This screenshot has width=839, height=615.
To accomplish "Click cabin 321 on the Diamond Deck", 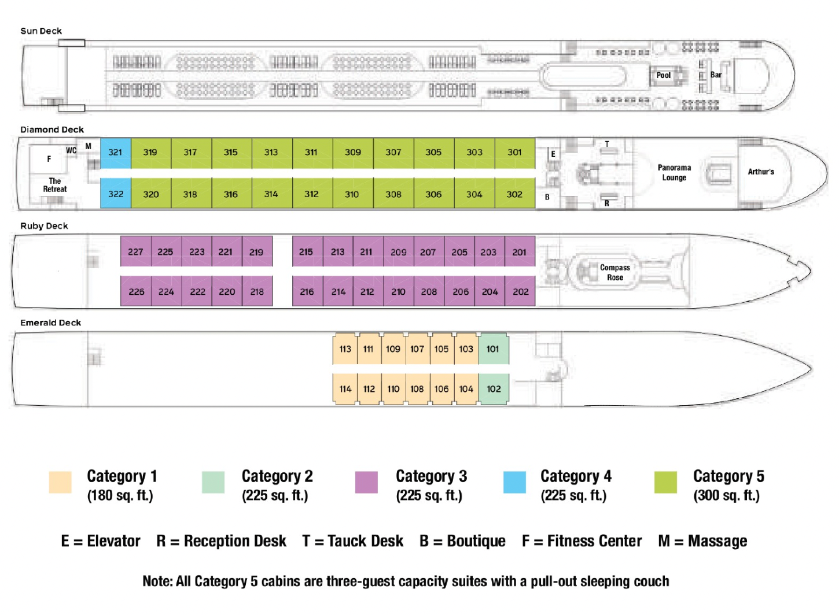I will [x=115, y=153].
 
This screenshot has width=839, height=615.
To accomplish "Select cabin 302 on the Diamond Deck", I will [x=514, y=195].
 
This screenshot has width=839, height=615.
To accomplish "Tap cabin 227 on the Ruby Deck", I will [x=135, y=252].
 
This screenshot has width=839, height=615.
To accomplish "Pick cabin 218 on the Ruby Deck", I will [x=257, y=292].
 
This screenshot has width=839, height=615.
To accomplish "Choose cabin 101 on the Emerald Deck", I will [x=493, y=349].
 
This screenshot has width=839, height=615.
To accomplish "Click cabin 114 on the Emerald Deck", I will [x=345, y=389].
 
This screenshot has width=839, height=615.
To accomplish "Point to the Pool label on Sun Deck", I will [x=664, y=75].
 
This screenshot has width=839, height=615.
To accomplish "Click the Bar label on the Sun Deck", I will [x=716, y=75].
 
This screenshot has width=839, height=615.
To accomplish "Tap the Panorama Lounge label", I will [x=674, y=172].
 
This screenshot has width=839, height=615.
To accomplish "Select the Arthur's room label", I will [x=760, y=172].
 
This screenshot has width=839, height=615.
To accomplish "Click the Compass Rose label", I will [x=614, y=272].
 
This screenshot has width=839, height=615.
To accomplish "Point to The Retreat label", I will [x=55, y=185].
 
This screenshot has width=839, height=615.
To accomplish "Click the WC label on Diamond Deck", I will [x=71, y=150].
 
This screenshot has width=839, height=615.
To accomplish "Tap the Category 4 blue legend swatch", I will [x=514, y=483].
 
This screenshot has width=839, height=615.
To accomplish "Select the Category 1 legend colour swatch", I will [x=60, y=483].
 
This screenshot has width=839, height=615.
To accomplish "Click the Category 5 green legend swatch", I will [x=665, y=483].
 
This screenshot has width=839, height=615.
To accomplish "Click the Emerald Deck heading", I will [x=51, y=323].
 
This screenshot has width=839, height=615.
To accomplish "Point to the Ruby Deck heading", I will [x=44, y=226].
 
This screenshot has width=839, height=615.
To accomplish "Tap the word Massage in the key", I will [x=717, y=541].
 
